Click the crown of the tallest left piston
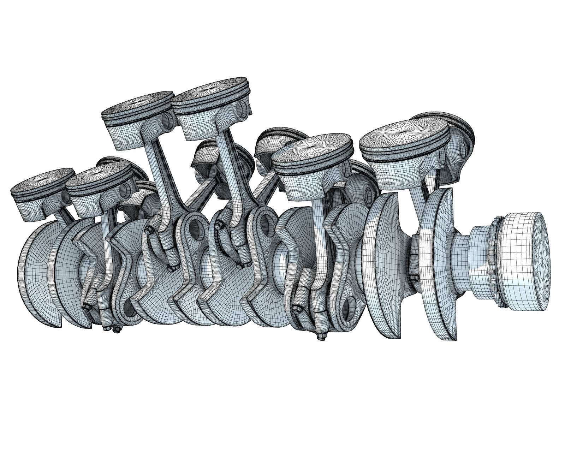click(138, 105)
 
